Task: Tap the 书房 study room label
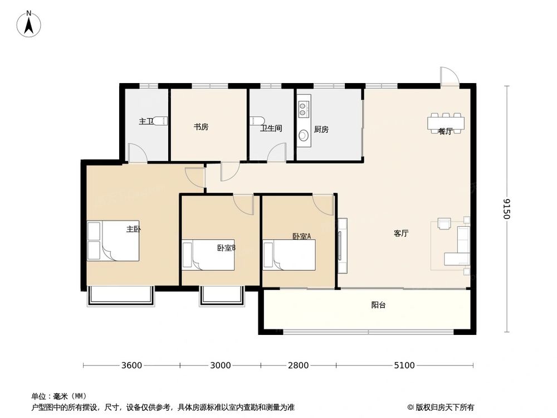pos(201,127)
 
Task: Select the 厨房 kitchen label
pos(321,129)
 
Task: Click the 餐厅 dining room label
pos(444,132)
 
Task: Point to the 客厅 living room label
pos(401,234)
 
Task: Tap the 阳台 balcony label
pos(379,305)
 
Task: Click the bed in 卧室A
pos(290,255)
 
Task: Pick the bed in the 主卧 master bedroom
pos(114,241)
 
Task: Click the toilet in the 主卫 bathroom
pos(159,120)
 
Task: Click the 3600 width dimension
pos(131,366)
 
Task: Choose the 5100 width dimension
pos(404,366)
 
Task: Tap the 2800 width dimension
pos(298,366)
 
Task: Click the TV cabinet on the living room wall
pos(342,246)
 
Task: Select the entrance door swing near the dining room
pos(448,77)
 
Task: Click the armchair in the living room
pos(444,223)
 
